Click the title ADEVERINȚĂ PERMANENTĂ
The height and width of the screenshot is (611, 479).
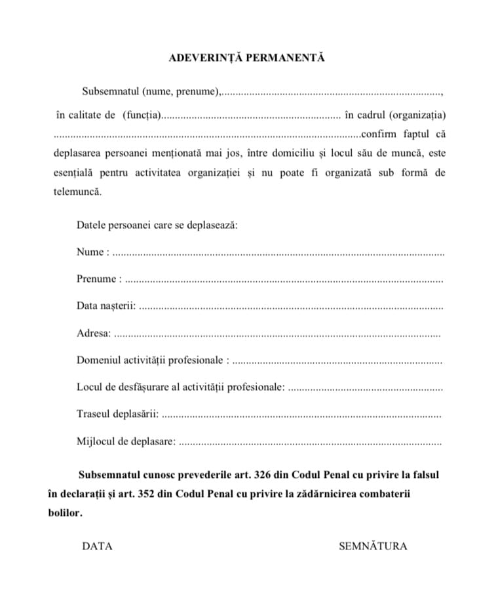[x=246, y=58]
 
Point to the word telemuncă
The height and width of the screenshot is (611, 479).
[x=78, y=192]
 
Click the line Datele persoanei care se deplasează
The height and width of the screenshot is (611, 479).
[x=157, y=225]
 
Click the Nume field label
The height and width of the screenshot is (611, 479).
[x=90, y=252]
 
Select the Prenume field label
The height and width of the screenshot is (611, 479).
[x=97, y=279]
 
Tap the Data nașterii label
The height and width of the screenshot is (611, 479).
[x=105, y=306]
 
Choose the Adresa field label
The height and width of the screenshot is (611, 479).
[x=93, y=334]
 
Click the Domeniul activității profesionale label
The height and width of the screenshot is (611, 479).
[x=150, y=361]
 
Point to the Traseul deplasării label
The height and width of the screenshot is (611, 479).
[x=116, y=414]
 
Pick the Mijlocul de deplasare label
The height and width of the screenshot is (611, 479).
[x=125, y=442]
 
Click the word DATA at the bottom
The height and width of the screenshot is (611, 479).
[x=97, y=546]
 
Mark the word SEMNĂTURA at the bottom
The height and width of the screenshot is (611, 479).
[x=373, y=546]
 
